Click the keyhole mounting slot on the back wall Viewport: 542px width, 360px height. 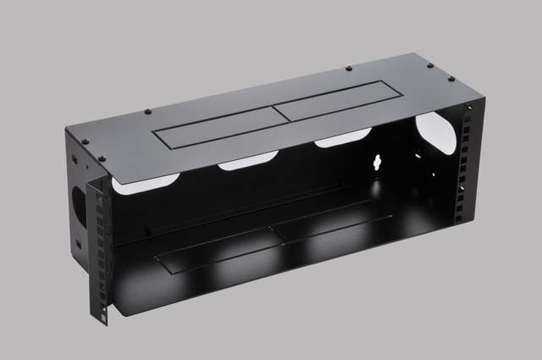[x=378, y=163]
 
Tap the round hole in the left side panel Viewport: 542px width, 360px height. [x=80, y=202]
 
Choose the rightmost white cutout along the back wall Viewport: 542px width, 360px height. [x=342, y=138]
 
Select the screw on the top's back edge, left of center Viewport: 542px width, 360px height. [x=148, y=110]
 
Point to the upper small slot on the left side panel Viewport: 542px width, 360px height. [x=75, y=160]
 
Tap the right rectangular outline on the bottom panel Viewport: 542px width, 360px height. [x=330, y=224]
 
